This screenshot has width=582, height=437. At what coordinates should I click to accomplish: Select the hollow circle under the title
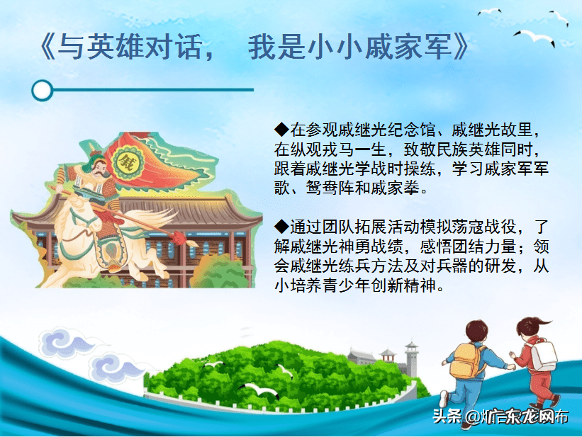pyautogui.click(x=43, y=90)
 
